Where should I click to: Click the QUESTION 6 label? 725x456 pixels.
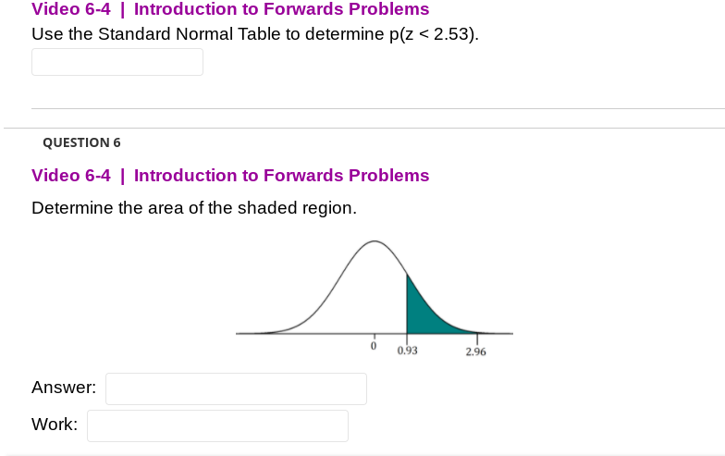[x=81, y=142]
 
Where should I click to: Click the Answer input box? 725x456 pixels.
[x=236, y=388]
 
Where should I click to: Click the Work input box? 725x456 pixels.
[x=217, y=425]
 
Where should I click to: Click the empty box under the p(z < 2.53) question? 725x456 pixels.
[x=117, y=62]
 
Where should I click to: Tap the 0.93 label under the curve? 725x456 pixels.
[x=407, y=351]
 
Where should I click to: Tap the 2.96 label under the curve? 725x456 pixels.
[x=476, y=352]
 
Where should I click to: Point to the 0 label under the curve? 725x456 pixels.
[x=374, y=346]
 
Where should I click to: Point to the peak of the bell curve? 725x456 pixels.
[x=374, y=242]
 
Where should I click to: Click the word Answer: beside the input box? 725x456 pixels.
[x=64, y=388]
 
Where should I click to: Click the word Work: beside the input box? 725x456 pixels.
[x=55, y=425]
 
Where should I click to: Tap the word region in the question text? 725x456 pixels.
[x=328, y=208]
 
